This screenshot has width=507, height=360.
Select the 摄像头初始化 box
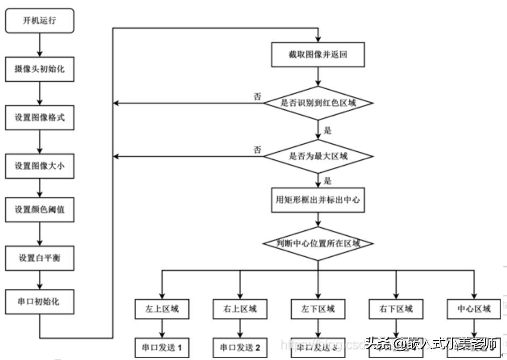39,69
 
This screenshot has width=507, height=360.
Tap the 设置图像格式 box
39,117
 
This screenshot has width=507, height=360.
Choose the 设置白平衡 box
39,258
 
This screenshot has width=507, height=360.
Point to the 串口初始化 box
39,302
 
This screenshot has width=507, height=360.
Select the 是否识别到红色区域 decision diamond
319,103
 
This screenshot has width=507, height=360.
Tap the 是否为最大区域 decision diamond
319,157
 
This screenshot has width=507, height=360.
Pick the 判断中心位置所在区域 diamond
319,244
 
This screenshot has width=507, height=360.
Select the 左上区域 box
162,309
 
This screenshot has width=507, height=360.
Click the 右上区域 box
240,309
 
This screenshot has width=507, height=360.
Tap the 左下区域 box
318,309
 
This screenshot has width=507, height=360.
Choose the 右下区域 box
396,309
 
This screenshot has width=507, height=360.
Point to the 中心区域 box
474,309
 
